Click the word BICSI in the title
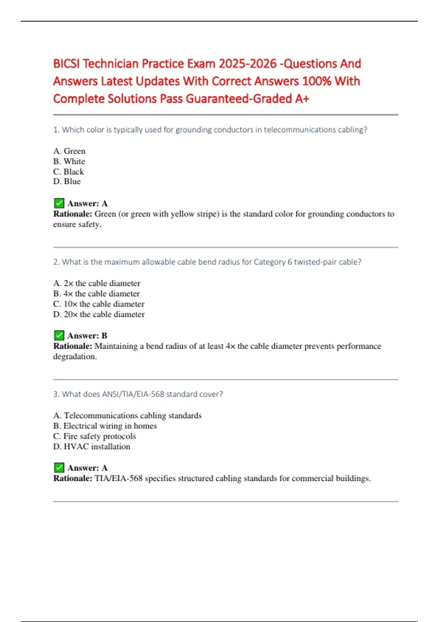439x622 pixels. (66, 64)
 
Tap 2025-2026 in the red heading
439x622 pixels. (248, 64)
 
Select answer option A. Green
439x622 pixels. (69, 151)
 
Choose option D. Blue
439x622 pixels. (67, 181)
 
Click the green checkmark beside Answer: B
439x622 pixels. (59, 336)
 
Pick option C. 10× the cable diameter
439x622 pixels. (99, 304)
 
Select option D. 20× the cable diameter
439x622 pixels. (99, 314)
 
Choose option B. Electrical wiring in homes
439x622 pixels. (105, 426)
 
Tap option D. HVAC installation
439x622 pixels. (92, 447)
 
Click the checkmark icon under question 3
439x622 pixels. (59, 468)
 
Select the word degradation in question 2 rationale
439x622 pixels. (75, 357)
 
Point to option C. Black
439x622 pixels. (69, 172)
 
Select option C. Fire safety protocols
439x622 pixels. (95, 436)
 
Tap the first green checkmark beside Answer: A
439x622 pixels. (59, 203)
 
